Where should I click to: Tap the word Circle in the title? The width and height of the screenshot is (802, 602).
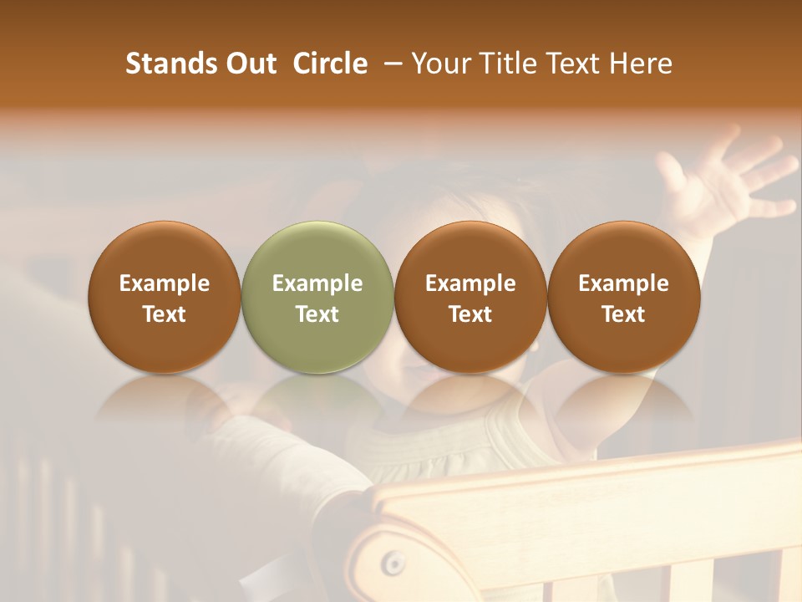[330, 64]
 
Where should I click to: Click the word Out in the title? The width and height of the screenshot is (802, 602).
[250, 64]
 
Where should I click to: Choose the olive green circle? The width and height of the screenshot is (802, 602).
[317, 297]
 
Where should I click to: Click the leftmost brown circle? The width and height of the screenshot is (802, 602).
[165, 297]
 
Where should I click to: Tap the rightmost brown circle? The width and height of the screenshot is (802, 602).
[623, 297]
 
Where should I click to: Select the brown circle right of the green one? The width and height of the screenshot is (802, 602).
[470, 297]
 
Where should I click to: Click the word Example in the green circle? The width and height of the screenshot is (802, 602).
[317, 283]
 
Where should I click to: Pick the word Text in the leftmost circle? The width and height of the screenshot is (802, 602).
[165, 314]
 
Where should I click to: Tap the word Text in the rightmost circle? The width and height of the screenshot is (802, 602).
[623, 314]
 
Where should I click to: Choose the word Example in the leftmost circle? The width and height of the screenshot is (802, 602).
[165, 283]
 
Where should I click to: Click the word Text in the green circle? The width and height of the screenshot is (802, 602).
[317, 314]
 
